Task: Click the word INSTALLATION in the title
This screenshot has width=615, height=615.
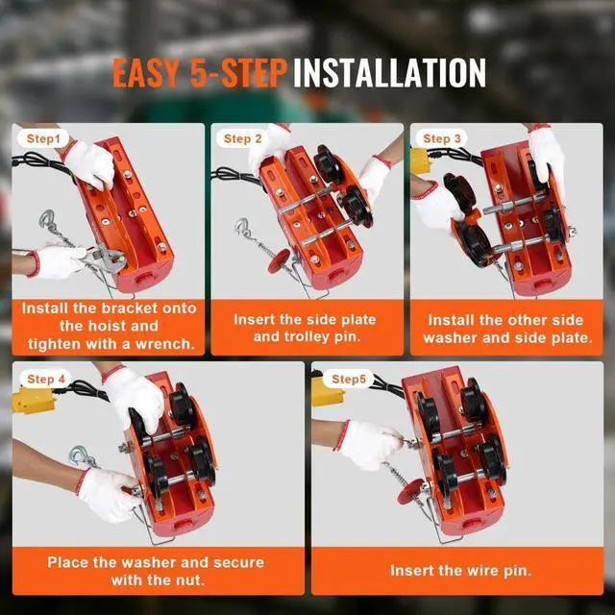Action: (x=390, y=73)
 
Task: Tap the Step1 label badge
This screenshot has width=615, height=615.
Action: (x=43, y=138)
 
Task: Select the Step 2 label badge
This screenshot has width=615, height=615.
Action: (x=242, y=138)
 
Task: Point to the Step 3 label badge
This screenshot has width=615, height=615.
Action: (x=442, y=138)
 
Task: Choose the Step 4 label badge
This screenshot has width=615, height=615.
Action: (x=46, y=380)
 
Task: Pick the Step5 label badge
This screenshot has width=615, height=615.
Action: (x=349, y=380)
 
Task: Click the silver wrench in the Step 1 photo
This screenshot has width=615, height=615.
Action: (x=101, y=257)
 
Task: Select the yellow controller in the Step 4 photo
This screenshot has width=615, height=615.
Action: (x=34, y=400)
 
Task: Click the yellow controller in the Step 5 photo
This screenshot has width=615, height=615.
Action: (x=327, y=391)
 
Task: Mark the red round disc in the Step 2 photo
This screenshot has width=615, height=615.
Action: (x=279, y=260)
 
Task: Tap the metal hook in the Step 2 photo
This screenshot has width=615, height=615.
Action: (x=242, y=228)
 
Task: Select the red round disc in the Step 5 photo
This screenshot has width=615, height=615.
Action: (x=410, y=492)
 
